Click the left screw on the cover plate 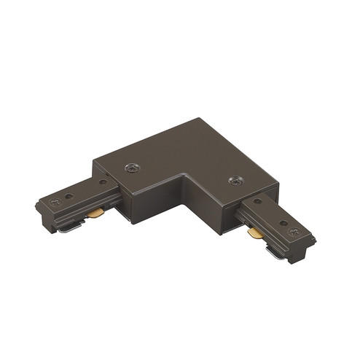pos(132,168)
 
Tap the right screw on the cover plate pos(235,180)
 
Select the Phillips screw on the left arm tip pos(52,200)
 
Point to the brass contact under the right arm pos(254,234)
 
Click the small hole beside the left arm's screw pos(68,196)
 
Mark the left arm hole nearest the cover pos(103,182)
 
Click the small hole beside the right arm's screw pos(281,223)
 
